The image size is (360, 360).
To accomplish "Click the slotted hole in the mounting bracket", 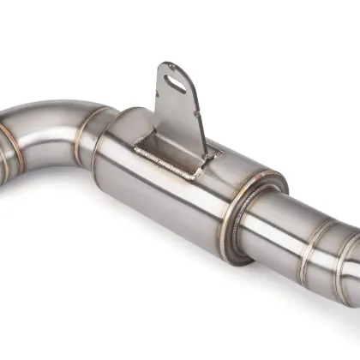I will point(177,81).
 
